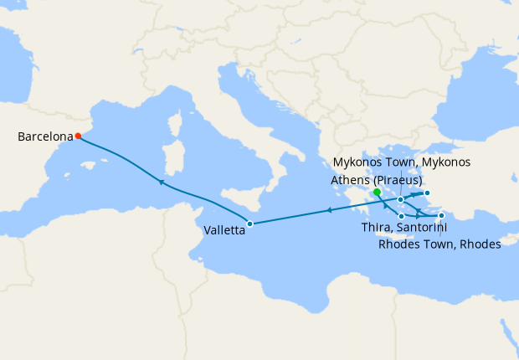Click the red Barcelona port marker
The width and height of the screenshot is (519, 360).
click(x=78, y=136)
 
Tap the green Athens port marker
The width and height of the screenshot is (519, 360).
click(x=378, y=192)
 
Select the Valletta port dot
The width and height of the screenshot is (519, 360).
click(x=250, y=224)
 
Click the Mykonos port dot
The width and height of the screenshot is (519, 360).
click(x=401, y=200)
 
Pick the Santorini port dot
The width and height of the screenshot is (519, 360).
click(x=402, y=217)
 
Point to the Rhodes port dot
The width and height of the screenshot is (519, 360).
click(x=441, y=216)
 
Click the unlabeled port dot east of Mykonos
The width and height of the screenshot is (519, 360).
click(x=427, y=194)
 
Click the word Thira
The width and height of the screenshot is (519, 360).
click(x=376, y=228)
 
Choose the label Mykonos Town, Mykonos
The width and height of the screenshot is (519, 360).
click(x=402, y=162)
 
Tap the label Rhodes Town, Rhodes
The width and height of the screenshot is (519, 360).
click(x=439, y=244)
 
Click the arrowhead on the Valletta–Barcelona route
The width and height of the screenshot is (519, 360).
click(x=160, y=182)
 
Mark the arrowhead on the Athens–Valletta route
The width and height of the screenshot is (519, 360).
click(x=329, y=210)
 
